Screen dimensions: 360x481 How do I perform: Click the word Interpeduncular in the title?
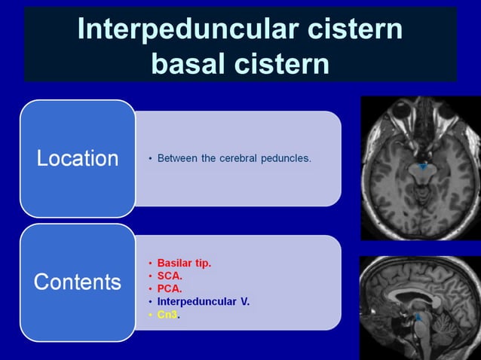179,29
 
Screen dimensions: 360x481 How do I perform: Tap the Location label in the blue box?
78,158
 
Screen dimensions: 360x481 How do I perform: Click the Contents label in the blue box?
78,282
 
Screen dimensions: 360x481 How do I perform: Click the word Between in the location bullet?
179,158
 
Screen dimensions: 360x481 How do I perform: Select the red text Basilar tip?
184,263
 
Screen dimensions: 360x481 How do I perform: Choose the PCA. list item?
170,288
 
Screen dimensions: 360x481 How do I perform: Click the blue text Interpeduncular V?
203,301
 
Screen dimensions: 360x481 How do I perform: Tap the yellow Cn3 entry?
167,314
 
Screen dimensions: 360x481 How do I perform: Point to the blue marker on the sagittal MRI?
417,318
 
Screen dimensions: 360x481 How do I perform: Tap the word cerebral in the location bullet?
239,158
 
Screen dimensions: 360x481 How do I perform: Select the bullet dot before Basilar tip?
150,264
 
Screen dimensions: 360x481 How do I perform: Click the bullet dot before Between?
150,159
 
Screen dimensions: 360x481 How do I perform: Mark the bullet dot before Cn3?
150,314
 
